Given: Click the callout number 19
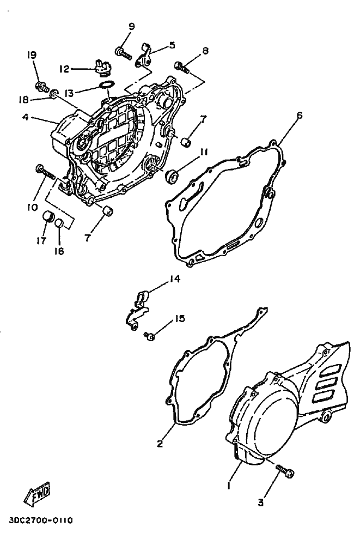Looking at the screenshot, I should click(32, 55).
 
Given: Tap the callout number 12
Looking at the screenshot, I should click(65, 69).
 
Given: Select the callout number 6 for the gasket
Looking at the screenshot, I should click(299, 116).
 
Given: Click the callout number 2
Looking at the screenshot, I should click(160, 443).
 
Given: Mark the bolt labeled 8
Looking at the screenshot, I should click(181, 68).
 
